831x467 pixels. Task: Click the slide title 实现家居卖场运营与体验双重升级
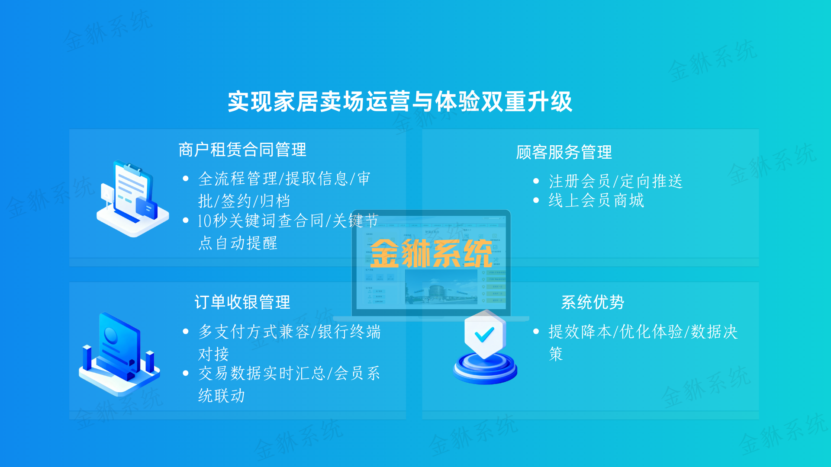(x=400, y=102)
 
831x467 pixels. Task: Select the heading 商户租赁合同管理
(x=242, y=150)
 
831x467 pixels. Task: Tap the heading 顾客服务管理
(x=564, y=152)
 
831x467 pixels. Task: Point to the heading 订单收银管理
(x=242, y=302)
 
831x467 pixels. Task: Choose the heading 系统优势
(x=592, y=302)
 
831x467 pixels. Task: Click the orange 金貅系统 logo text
(x=431, y=254)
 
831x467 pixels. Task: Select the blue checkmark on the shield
(x=484, y=334)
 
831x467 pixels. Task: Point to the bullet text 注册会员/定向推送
(x=615, y=181)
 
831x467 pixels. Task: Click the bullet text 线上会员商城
(x=596, y=201)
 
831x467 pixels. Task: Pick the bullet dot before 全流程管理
(x=186, y=179)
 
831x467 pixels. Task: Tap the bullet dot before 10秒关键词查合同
(x=186, y=221)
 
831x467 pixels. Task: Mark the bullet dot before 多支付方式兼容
(x=186, y=332)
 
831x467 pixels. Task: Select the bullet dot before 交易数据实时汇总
(x=186, y=373)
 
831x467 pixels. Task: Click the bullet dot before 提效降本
(x=536, y=332)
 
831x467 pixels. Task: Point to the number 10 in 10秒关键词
(x=204, y=221)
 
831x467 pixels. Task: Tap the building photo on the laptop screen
(x=441, y=287)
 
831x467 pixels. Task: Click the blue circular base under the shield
(x=485, y=370)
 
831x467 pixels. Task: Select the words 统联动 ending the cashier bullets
(x=222, y=396)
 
